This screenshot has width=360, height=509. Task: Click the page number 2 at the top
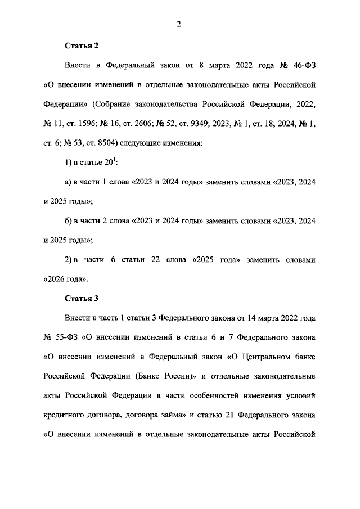click(x=178, y=23)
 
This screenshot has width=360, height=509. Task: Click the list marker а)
click(x=70, y=182)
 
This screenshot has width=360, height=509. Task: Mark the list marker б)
click(x=70, y=220)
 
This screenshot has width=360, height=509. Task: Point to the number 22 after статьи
click(x=156, y=259)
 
